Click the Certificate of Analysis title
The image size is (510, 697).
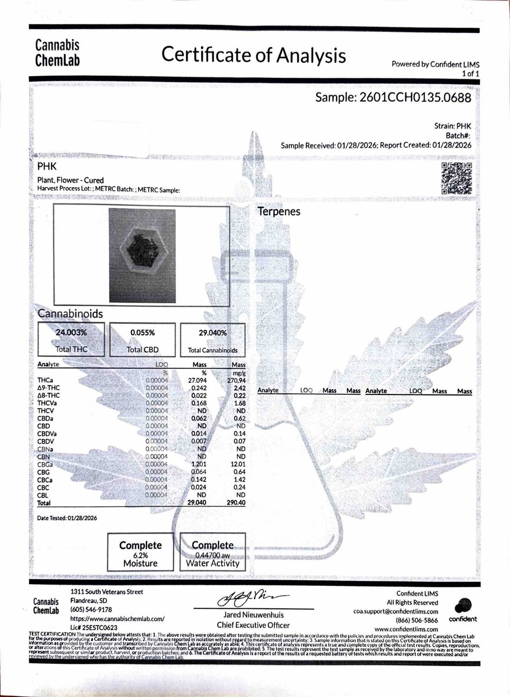tap(254, 55)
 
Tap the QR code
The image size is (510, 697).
tap(456, 178)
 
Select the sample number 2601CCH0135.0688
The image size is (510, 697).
tap(393, 98)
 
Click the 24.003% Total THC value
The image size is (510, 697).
tap(71, 333)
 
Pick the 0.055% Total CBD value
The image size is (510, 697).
tap(143, 333)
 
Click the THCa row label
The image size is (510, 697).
tap(44, 380)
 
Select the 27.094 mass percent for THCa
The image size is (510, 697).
tap(197, 380)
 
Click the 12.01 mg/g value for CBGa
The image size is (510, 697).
tap(238, 464)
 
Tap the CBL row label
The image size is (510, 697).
tap(43, 495)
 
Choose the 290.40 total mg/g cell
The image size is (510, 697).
tap(236, 503)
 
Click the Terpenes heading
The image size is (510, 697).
tap(279, 211)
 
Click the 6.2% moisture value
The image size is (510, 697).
tap(140, 555)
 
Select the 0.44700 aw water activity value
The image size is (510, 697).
tap(212, 555)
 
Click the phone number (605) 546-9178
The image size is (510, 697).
tap(91, 610)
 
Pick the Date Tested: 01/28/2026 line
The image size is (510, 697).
tap(67, 518)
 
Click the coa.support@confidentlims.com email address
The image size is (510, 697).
tap(396, 612)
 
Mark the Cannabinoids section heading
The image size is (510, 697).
tap(70, 314)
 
